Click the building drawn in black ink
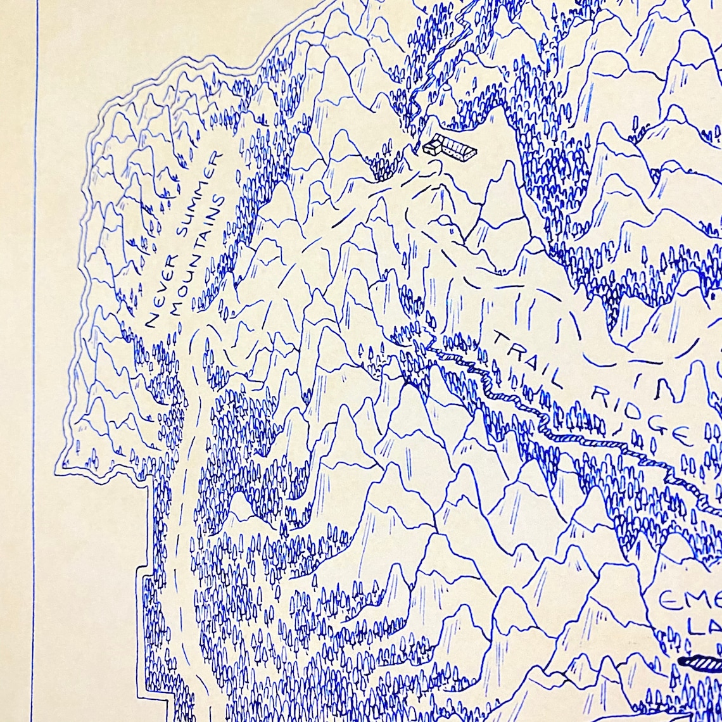450,148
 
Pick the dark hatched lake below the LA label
700,663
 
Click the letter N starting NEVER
151,319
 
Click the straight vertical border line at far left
35,380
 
